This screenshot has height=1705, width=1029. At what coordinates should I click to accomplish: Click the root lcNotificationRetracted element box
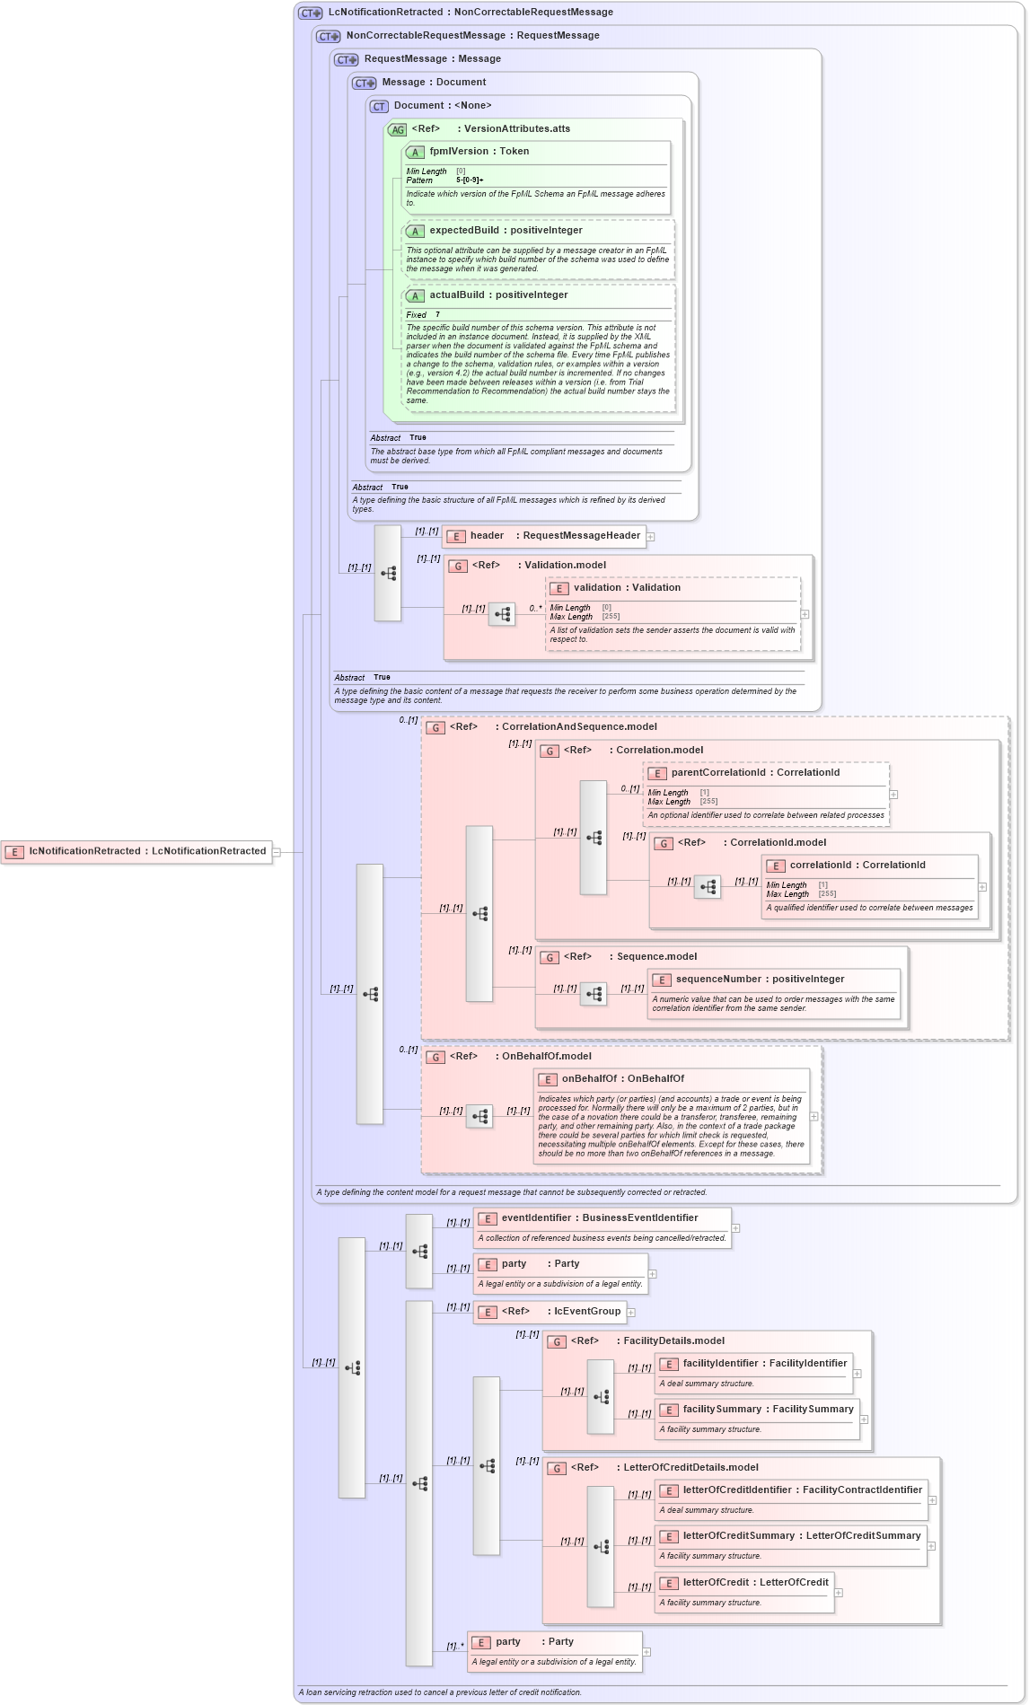tap(137, 851)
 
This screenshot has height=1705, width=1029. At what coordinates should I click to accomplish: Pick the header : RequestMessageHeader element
tap(544, 536)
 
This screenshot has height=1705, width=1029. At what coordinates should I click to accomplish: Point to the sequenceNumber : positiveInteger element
tap(760, 980)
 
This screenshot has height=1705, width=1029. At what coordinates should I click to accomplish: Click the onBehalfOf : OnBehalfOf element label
tap(622, 1079)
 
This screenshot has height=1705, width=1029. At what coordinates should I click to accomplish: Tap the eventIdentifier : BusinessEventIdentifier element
tap(600, 1218)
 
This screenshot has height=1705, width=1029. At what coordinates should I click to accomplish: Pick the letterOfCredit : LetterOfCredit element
tap(755, 1583)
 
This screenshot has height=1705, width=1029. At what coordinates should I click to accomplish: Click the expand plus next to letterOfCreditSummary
tap(931, 1546)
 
